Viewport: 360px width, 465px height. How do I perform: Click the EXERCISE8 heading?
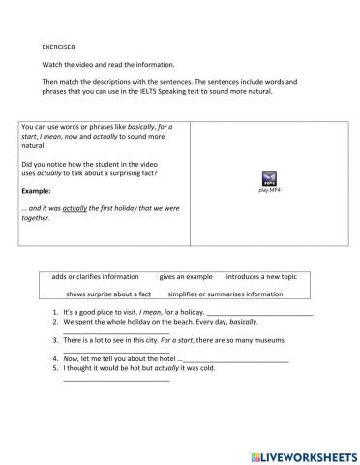pos(61,45)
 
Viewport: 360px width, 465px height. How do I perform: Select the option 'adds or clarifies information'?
pos(96,277)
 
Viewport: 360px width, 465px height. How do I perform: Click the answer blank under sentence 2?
pos(116,334)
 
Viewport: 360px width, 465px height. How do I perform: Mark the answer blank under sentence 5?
pos(116,379)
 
